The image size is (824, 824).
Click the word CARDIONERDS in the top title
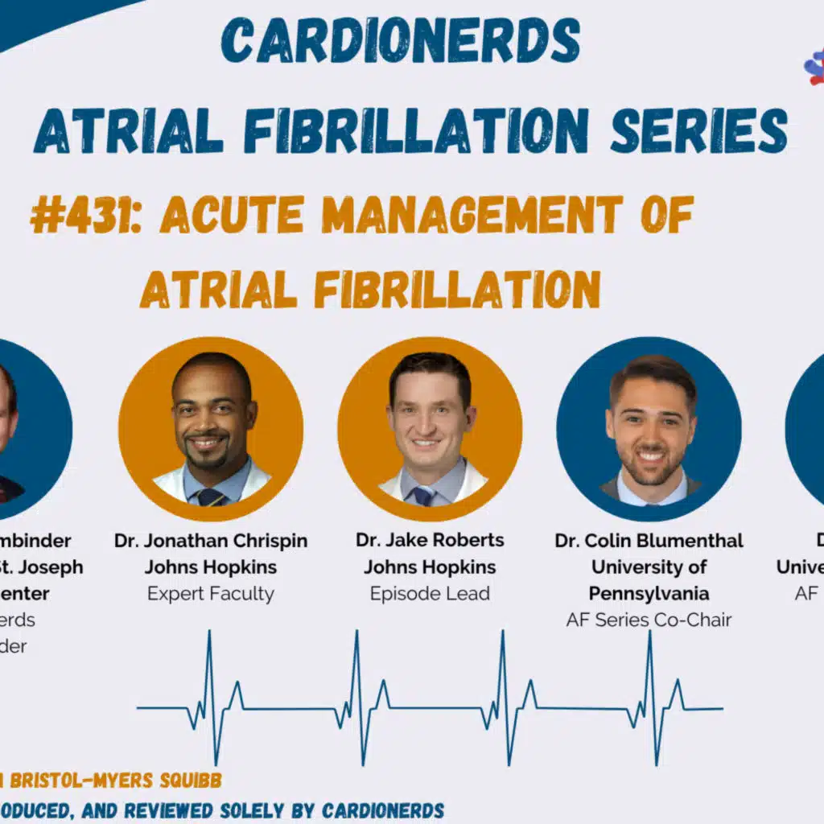click(400, 40)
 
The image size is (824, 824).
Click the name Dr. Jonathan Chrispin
click(211, 541)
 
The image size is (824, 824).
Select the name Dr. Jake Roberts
click(430, 541)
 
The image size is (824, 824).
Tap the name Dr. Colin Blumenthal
click(649, 541)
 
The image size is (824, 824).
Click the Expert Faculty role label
click(211, 594)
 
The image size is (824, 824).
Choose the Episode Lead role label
click(430, 594)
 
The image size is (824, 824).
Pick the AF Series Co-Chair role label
click(649, 620)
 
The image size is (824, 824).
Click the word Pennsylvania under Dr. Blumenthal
click(649, 594)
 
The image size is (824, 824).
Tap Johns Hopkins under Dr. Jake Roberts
click(430, 567)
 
